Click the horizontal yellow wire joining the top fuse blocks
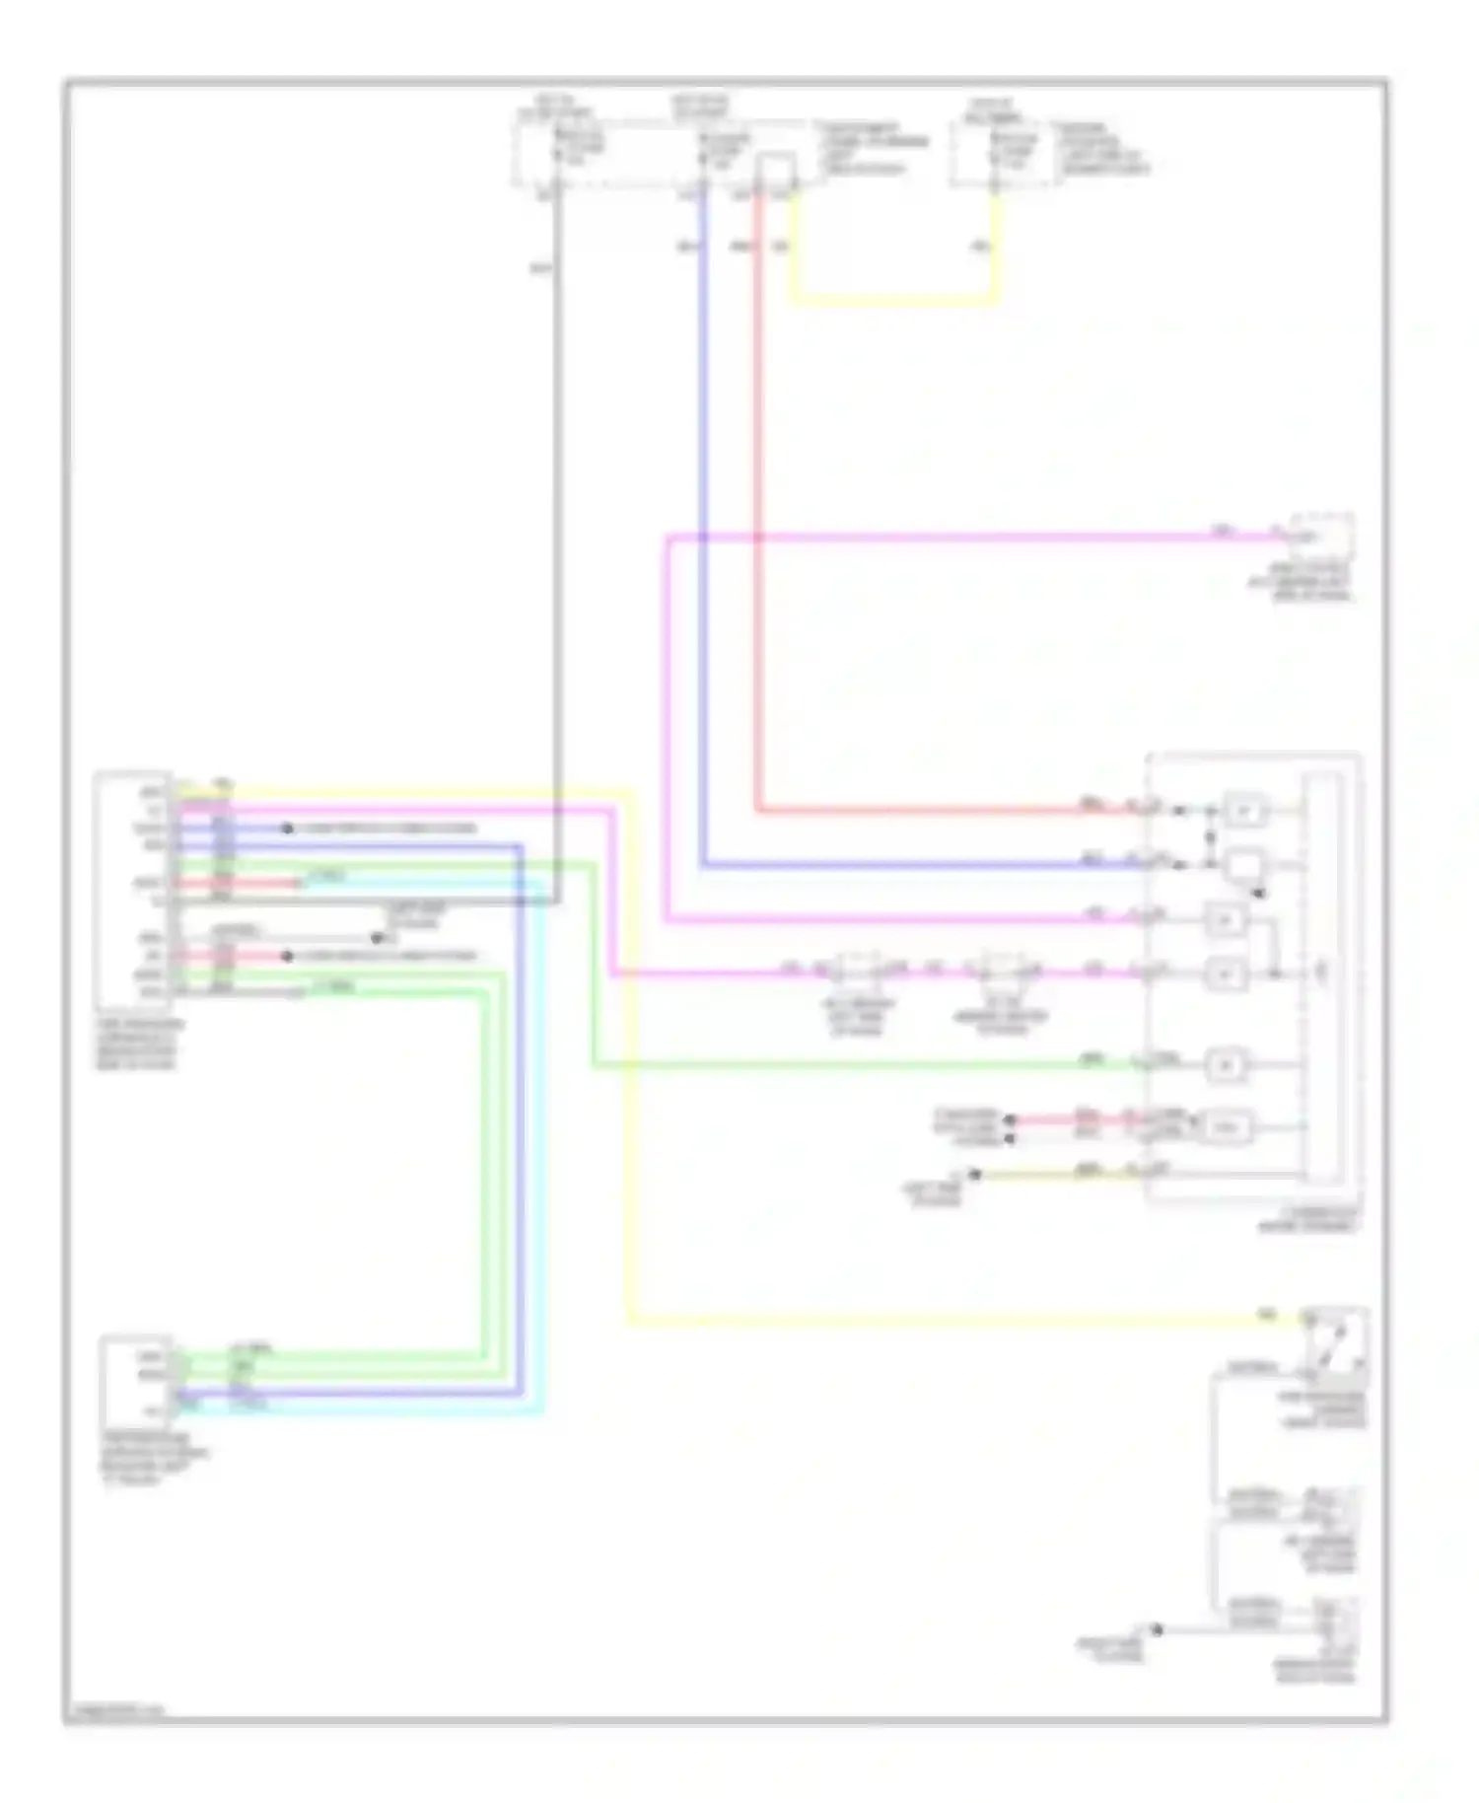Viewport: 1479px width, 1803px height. (892, 299)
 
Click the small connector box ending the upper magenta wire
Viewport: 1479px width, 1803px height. (1321, 538)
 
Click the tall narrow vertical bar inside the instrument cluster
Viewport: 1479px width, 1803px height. (1321, 976)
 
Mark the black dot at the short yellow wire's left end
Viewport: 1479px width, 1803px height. (974, 1174)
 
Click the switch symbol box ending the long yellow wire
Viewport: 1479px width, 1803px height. (1336, 1347)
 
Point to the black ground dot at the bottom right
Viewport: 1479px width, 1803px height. (1157, 1629)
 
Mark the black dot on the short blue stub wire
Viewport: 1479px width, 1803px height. (287, 829)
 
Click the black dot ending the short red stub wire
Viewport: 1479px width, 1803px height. (287, 957)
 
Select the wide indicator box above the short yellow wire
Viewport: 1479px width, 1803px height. (1224, 1127)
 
